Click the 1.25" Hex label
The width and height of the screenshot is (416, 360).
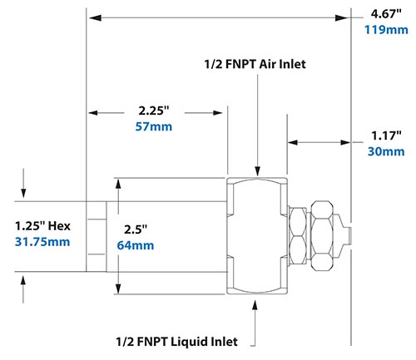coord(43,225)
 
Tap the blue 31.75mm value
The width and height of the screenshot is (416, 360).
coord(43,242)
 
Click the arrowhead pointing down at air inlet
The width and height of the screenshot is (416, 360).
coord(258,170)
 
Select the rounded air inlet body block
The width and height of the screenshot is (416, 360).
coord(258,235)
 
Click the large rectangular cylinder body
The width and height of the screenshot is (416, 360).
coord(171,235)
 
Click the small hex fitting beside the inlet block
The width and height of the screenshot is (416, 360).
coord(295,235)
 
